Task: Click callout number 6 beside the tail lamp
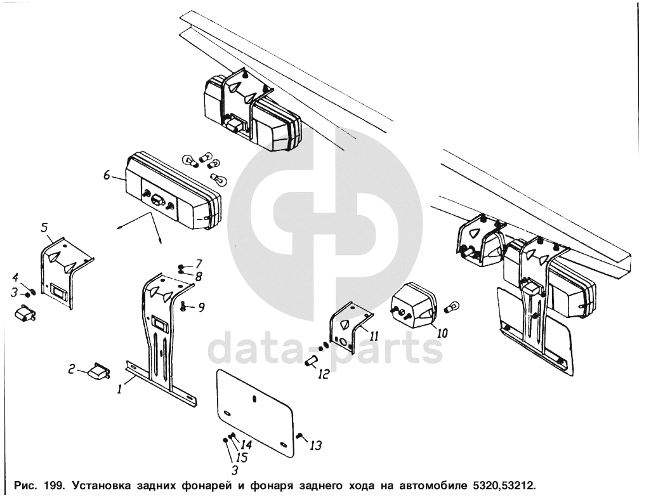pyautogui.click(x=107, y=176)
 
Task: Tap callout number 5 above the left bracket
pyautogui.click(x=44, y=227)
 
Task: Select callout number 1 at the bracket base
pyautogui.click(x=119, y=389)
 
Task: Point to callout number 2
pyautogui.click(x=72, y=369)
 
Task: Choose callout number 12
pyautogui.click(x=324, y=374)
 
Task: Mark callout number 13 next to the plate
pyautogui.click(x=315, y=446)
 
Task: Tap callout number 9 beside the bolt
pyautogui.click(x=201, y=307)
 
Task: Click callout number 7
pyautogui.click(x=199, y=263)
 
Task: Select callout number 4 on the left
pyautogui.click(x=15, y=277)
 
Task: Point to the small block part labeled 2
pyautogui.click(x=99, y=370)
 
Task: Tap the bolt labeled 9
pyautogui.click(x=184, y=307)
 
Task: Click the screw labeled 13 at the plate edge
pyautogui.click(x=299, y=436)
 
